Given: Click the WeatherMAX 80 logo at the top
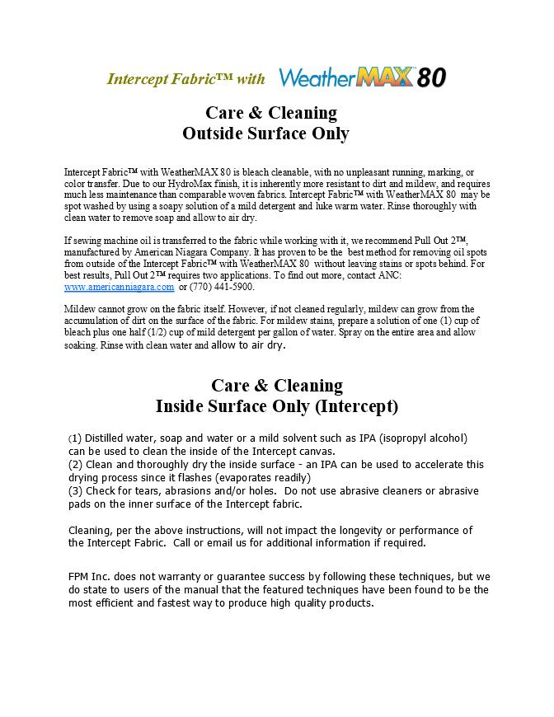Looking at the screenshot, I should pyautogui.click(x=362, y=77).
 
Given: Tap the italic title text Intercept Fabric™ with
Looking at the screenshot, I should pyautogui.click(x=186, y=79).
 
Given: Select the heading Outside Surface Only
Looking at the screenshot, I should pyautogui.click(x=265, y=134).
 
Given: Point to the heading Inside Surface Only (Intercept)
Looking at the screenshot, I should pyautogui.click(x=277, y=406).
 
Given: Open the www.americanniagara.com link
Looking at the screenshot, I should pyautogui.click(x=119, y=287).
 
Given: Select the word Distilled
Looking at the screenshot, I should pyautogui.click(x=106, y=438).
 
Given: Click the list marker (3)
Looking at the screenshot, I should pyautogui.click(x=75, y=491).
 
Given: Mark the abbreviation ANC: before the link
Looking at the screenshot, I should pyautogui.click(x=388, y=275).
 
